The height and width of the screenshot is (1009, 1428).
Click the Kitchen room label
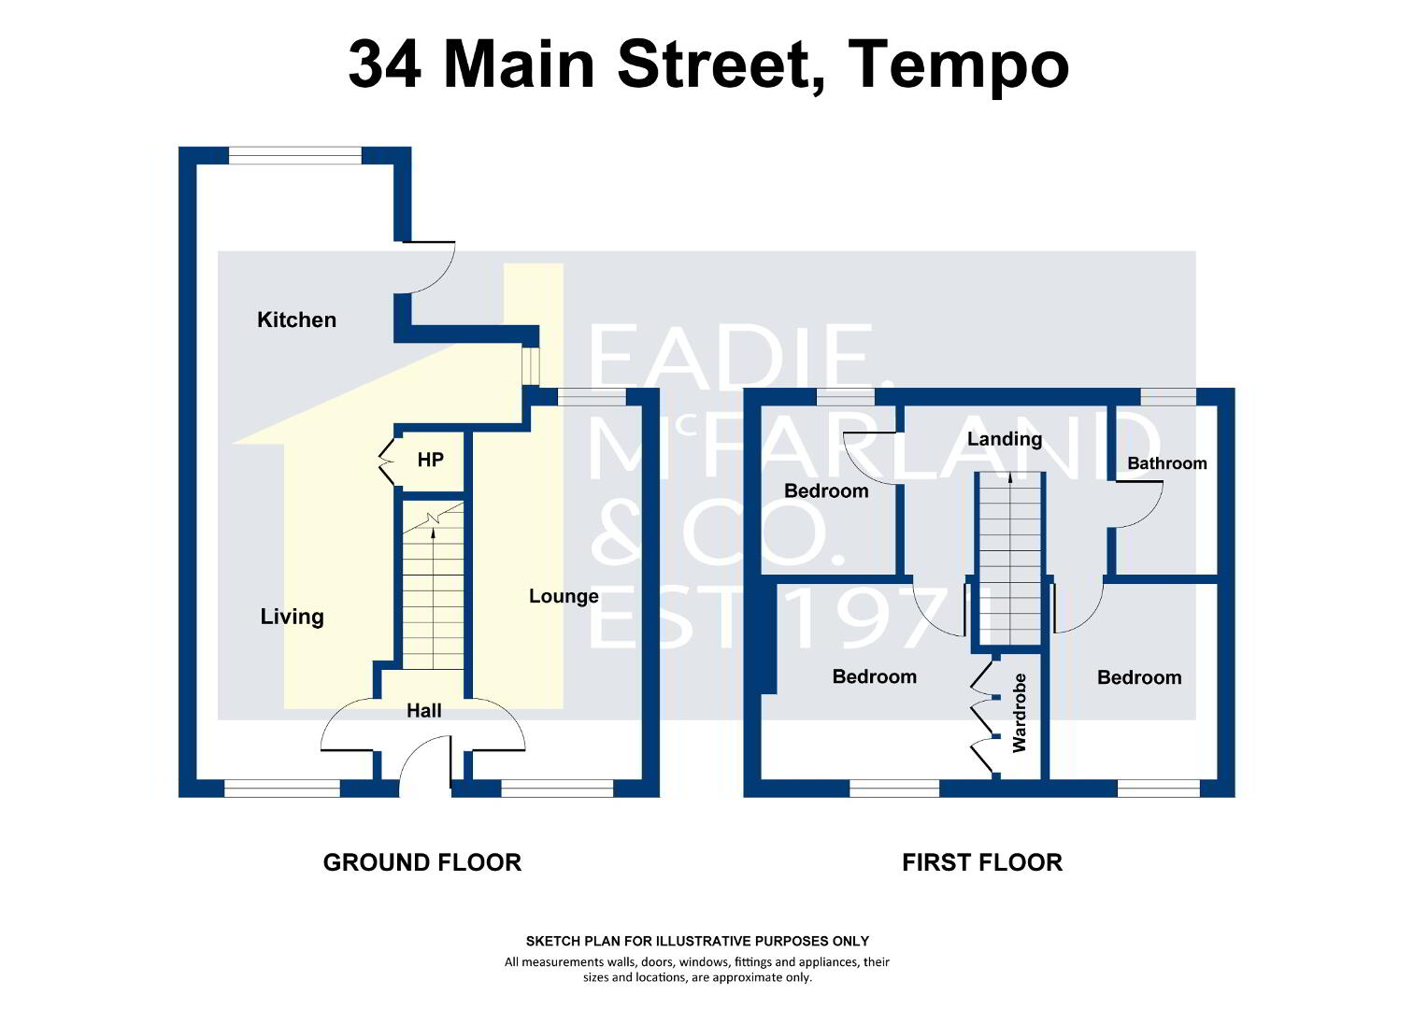coord(296,320)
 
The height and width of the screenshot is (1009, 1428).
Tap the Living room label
coord(292,617)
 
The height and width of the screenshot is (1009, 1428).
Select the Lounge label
coord(564,596)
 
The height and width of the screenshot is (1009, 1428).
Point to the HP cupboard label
coord(430,460)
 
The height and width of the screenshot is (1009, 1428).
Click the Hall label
coord(424,710)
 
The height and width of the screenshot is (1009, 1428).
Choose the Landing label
coord(1005,438)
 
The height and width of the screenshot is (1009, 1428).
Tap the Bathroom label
coord(1167,462)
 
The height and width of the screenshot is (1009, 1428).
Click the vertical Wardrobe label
coord(1020,713)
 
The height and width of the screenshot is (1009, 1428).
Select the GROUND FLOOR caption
coord(422,862)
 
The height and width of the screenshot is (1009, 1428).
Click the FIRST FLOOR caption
coord(981,862)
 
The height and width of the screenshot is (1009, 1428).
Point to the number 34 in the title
coord(384,64)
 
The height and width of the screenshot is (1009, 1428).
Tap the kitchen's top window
coord(295,155)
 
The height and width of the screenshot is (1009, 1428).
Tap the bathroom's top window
coord(1168,396)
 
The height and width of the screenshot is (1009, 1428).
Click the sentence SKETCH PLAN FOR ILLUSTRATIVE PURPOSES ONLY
coord(697,941)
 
